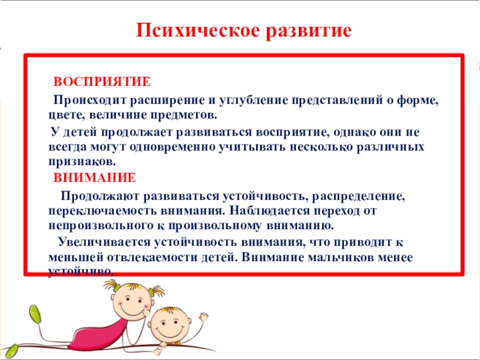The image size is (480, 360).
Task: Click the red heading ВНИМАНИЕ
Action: click(x=95, y=178)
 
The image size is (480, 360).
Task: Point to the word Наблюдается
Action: click(x=269, y=211)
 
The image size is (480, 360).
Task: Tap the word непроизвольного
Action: click(x=98, y=226)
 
